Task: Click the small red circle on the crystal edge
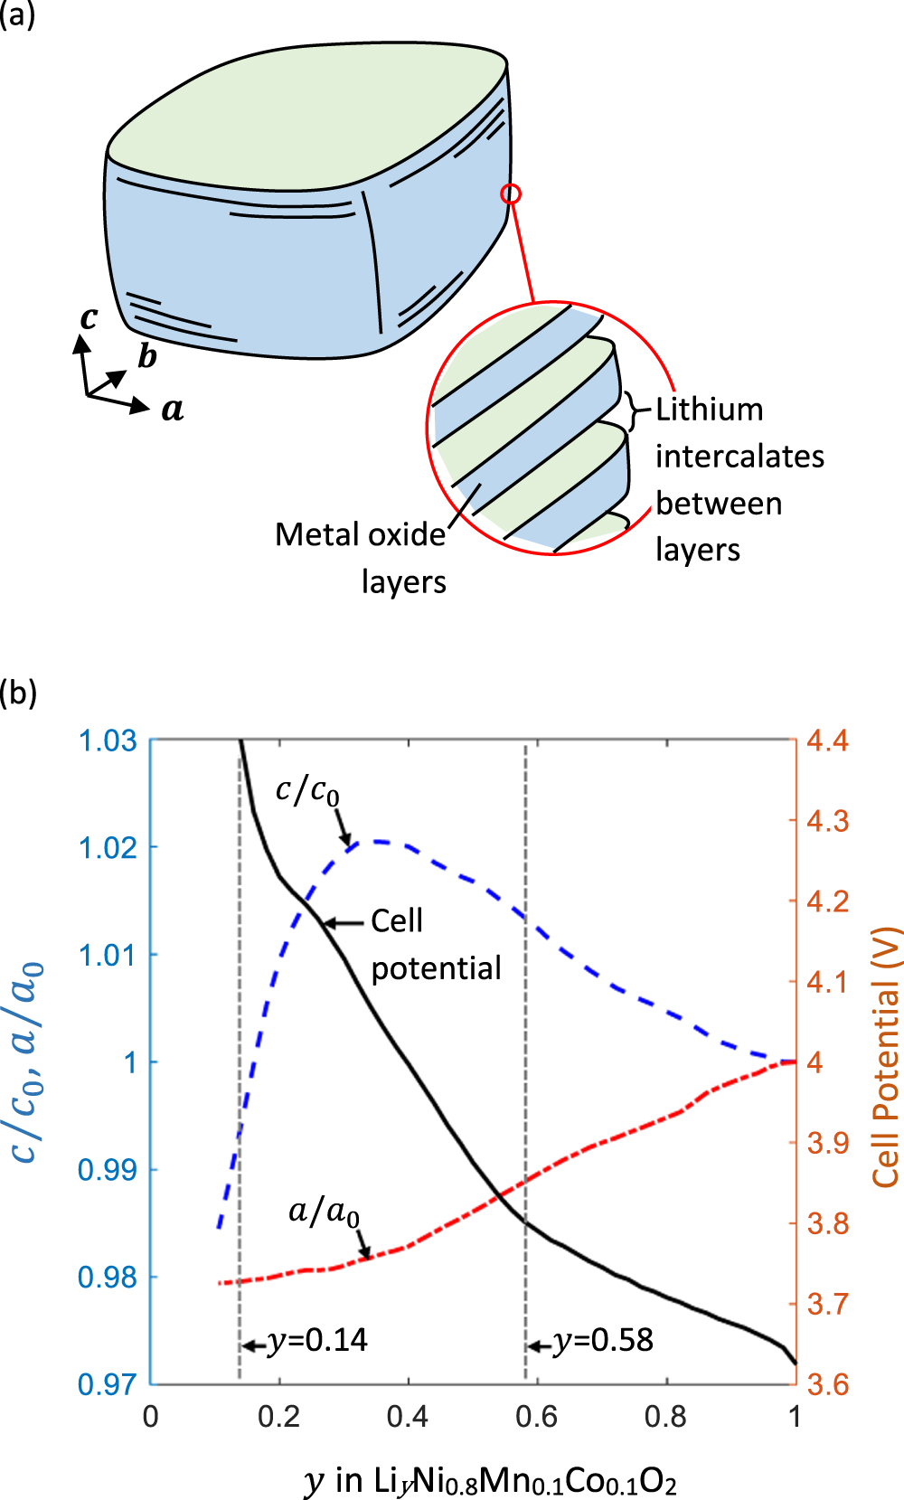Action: [511, 194]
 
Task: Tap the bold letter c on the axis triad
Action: [89, 318]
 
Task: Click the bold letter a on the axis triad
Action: [173, 410]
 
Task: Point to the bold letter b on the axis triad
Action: [146, 356]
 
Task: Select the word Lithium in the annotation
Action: [710, 410]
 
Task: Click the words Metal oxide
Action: [360, 534]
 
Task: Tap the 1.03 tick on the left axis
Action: [108, 741]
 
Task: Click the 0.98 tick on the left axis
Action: [108, 1277]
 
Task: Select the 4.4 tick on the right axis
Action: [828, 741]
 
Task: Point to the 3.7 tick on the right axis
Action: [828, 1304]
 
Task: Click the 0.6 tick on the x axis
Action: [537, 1416]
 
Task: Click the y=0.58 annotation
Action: [603, 1340]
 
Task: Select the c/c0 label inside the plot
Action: [307, 791]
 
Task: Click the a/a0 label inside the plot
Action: [324, 1211]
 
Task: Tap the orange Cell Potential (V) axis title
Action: [886, 1057]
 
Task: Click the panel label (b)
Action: [18, 693]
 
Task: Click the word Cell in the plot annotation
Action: [397, 921]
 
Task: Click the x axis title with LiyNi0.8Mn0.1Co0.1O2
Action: [491, 1481]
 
